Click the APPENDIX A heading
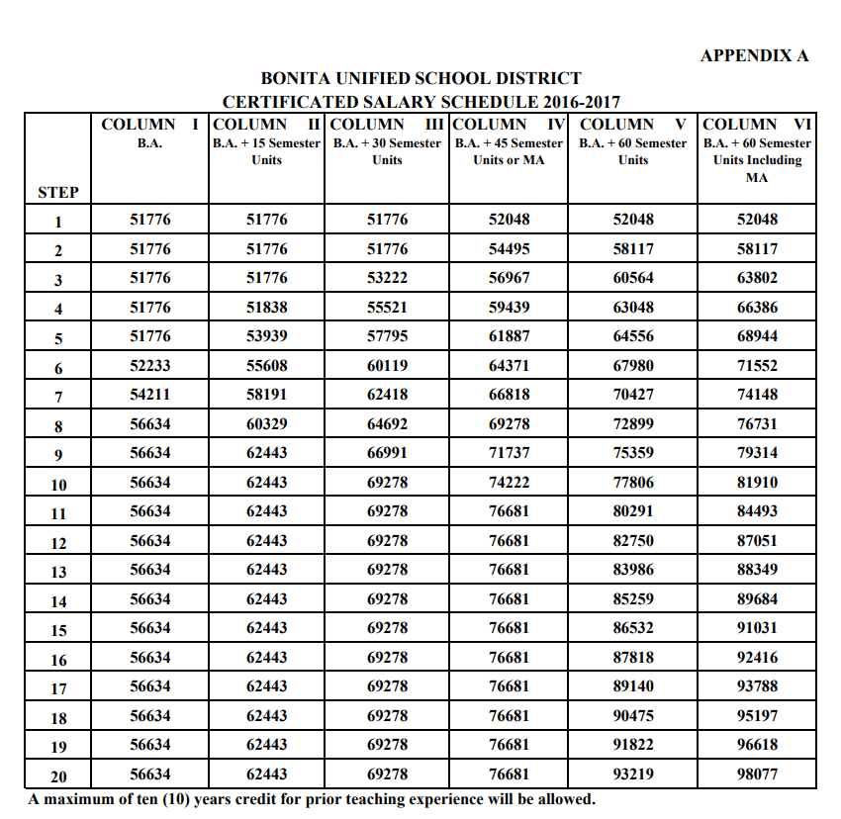[754, 55]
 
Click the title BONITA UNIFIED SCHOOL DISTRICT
[420, 78]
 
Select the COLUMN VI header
[757, 125]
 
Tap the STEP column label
[58, 192]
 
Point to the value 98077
[757, 774]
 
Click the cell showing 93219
[633, 774]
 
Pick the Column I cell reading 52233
[150, 366]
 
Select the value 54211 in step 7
[150, 395]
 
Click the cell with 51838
[266, 308]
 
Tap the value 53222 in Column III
[387, 278]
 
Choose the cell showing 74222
[509, 483]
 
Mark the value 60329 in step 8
[266, 424]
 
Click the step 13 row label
[58, 572]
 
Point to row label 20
[58, 776]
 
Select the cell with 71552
[757, 366]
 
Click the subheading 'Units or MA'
[509, 159]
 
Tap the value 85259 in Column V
[633, 599]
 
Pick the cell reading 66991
[387, 453]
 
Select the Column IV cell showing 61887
[509, 336]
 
